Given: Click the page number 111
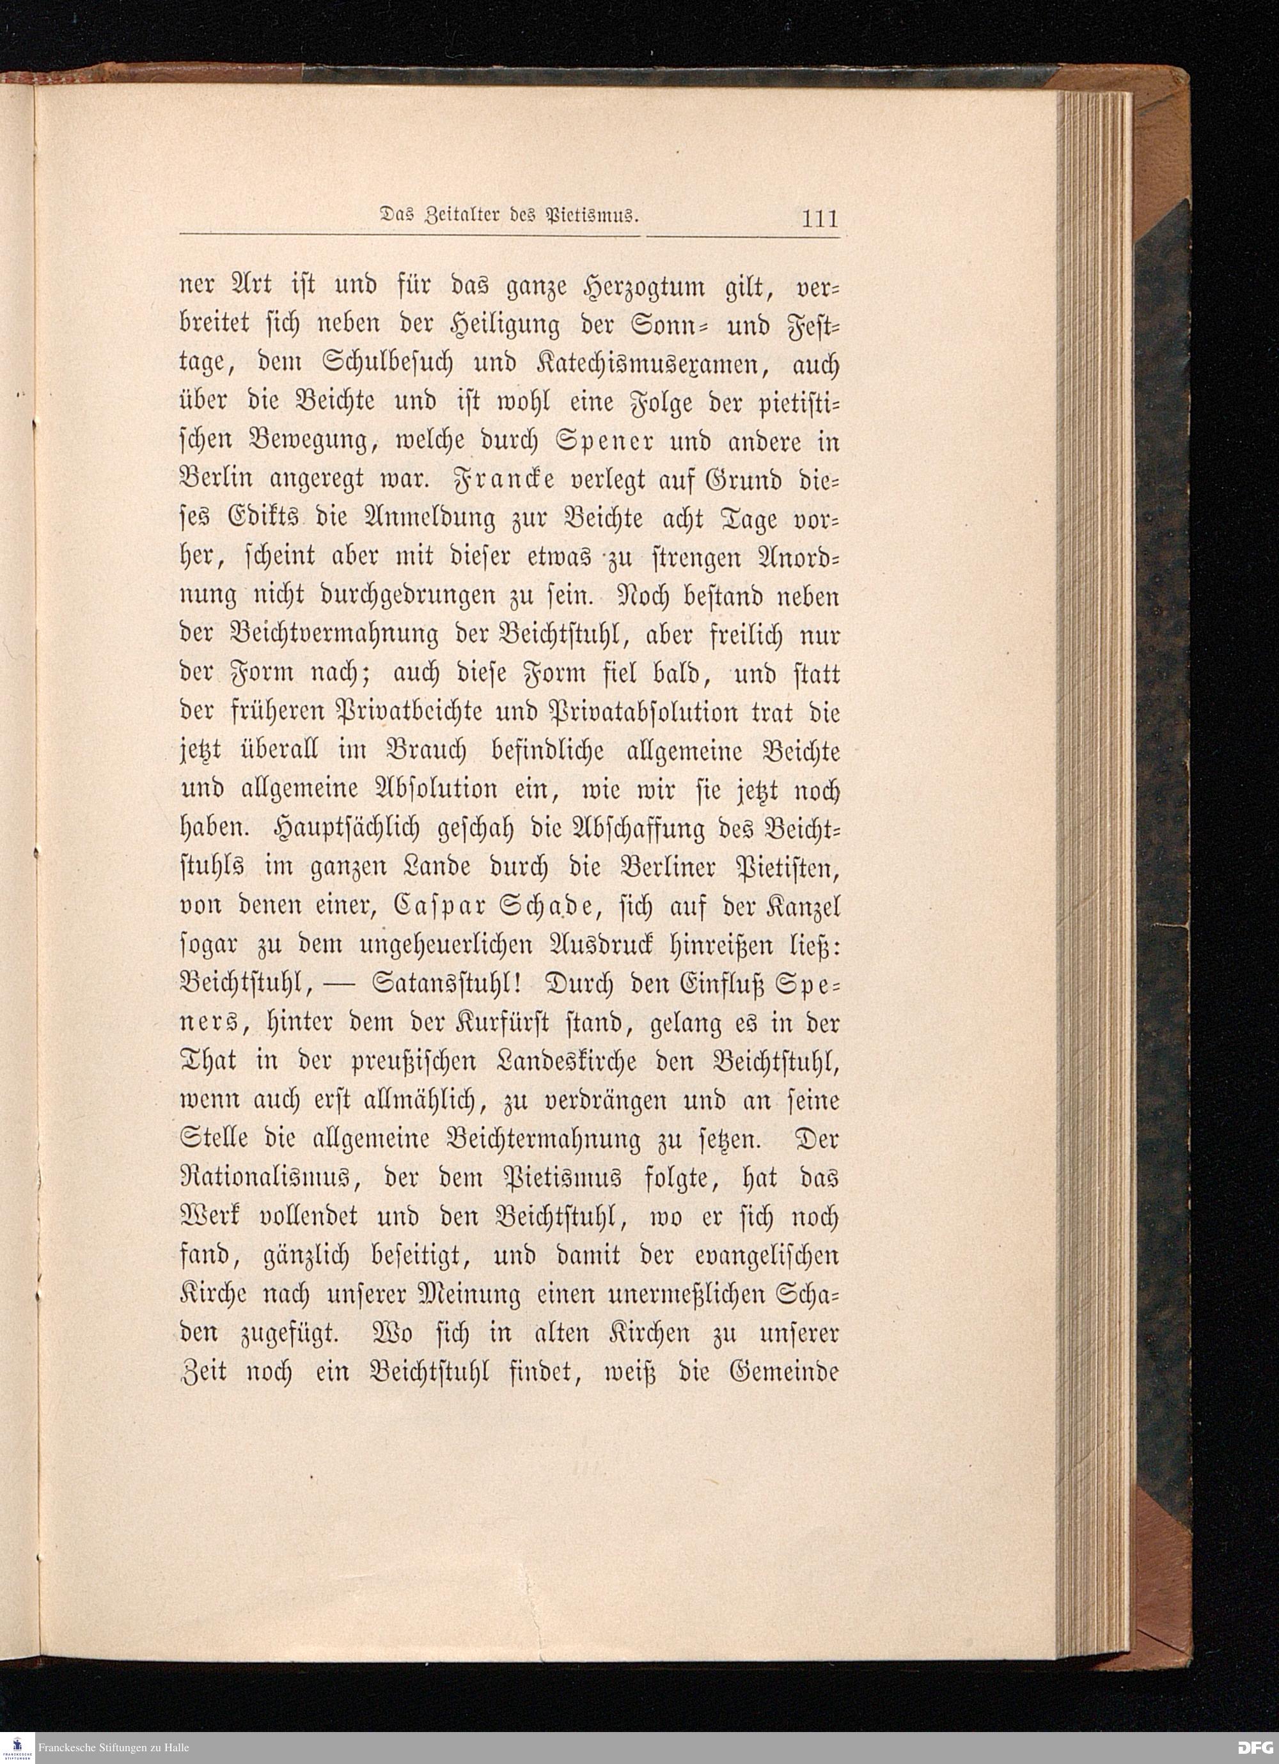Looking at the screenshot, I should tap(820, 219).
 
